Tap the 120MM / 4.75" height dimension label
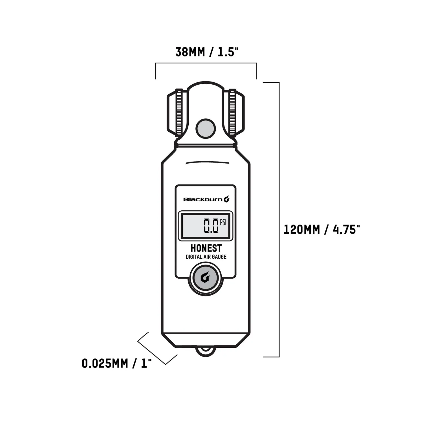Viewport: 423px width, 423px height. pyautogui.click(x=321, y=230)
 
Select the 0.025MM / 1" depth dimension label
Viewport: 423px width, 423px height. pyautogui.click(x=116, y=363)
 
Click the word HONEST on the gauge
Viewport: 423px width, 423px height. pyautogui.click(x=206, y=248)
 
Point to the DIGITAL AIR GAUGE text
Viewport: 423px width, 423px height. pyautogui.click(x=206, y=257)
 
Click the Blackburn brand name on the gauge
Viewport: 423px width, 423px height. pyautogui.click(x=203, y=200)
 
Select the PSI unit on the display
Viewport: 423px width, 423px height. pyautogui.click(x=223, y=222)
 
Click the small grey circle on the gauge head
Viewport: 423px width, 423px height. pyautogui.click(x=206, y=128)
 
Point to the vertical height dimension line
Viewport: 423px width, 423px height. pyautogui.click(x=279, y=220)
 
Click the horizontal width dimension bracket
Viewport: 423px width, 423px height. pyautogui.click(x=206, y=63)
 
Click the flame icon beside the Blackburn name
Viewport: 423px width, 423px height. pyautogui.click(x=227, y=200)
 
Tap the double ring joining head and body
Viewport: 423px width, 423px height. pyautogui.click(x=206, y=145)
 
